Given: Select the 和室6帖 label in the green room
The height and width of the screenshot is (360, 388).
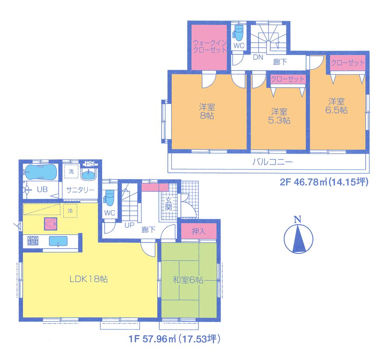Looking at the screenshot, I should coord(188,279).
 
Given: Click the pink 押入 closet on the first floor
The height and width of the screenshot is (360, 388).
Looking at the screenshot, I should coord(198,232).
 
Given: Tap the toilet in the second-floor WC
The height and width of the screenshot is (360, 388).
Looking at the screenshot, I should coord(238,34).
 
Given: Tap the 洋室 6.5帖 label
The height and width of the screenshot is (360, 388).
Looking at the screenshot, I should coord(337,106).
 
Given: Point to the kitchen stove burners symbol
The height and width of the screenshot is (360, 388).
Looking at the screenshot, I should coord(32,241).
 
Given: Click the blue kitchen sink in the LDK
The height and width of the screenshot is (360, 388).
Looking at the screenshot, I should coord(57,241).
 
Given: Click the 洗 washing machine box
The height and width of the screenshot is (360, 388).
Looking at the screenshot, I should coord(71,171).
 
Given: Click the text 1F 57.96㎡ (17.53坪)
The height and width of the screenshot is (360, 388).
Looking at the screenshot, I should coord(175,339).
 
